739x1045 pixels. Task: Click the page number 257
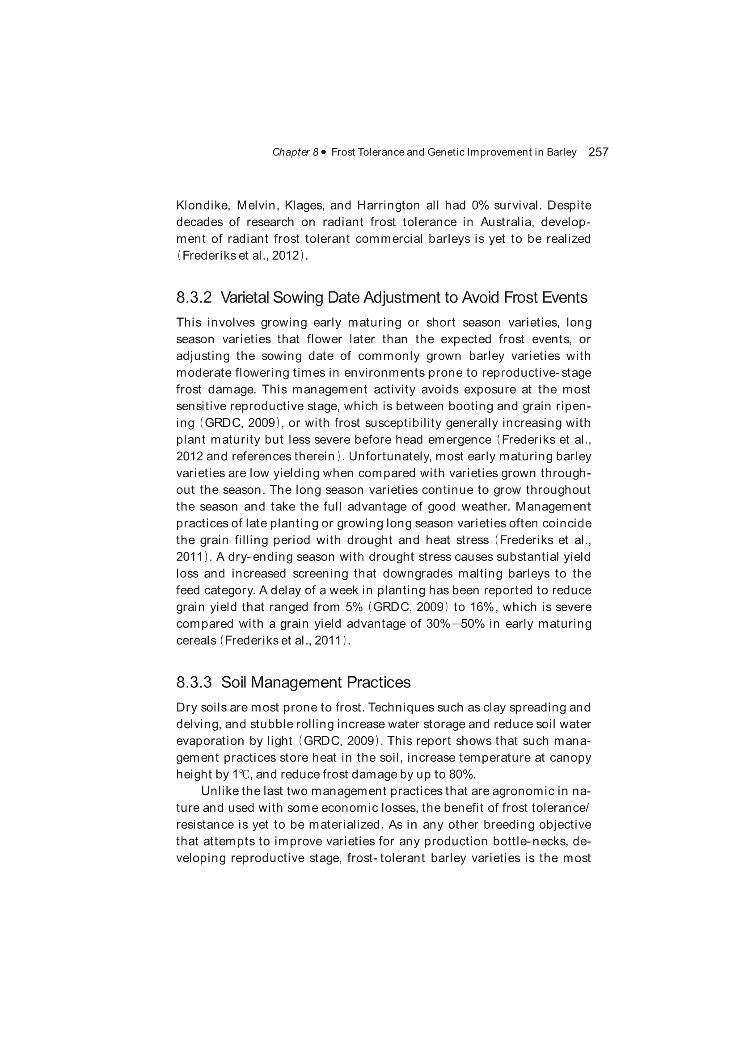598,152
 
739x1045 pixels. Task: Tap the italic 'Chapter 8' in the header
295,152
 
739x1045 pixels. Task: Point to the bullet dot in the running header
324,152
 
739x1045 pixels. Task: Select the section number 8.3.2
194,298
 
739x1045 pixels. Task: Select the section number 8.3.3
194,682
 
